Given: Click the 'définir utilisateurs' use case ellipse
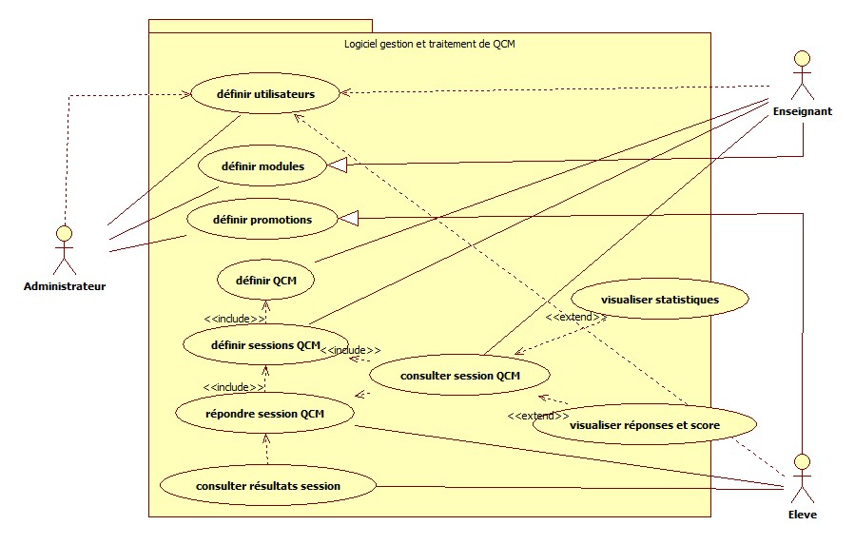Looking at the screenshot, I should click(x=266, y=93).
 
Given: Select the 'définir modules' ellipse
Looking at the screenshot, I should click(x=262, y=166).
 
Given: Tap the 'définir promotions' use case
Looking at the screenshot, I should click(x=262, y=220).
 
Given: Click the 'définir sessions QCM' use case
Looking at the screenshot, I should click(x=264, y=345).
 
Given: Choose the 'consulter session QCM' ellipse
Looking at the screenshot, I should click(x=459, y=376).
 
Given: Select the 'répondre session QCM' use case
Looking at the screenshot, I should click(x=265, y=414).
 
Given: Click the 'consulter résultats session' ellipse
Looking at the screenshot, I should click(x=267, y=487).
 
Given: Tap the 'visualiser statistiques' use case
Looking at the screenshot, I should click(x=660, y=300).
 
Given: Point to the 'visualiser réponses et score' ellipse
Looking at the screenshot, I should click(x=644, y=425).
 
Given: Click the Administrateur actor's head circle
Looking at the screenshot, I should click(x=64, y=231).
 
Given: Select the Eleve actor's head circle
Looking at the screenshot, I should click(x=802, y=462).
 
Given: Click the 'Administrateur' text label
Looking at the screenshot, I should click(x=64, y=286).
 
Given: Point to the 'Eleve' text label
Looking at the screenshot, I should click(x=803, y=515).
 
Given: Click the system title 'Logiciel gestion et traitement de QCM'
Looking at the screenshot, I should click(x=428, y=44).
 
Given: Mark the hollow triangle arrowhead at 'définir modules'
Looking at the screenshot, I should click(x=338, y=166).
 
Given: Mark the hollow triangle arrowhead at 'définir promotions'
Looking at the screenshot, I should click(x=349, y=219).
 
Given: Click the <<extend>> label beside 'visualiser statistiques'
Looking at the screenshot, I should click(x=569, y=317).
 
